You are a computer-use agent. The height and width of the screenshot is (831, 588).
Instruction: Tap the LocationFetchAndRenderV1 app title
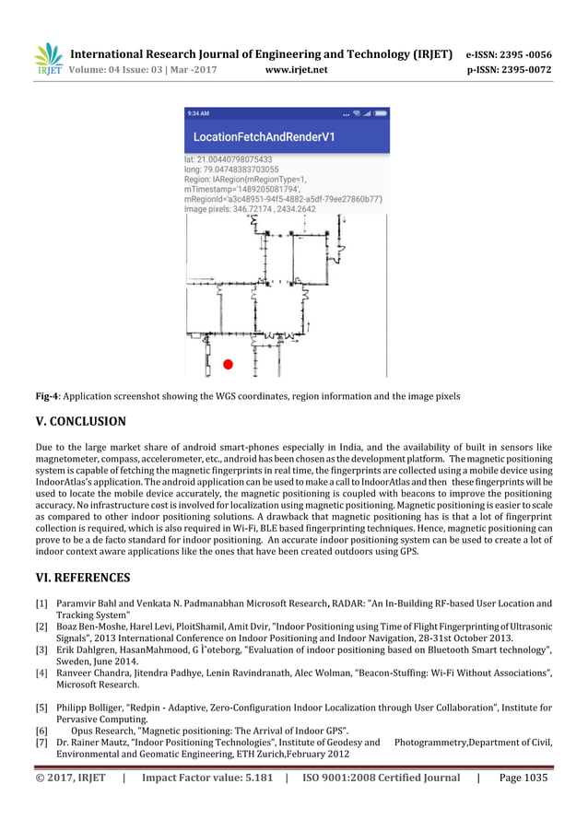[x=264, y=137]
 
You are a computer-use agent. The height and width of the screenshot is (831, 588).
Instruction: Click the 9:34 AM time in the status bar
[x=198, y=113]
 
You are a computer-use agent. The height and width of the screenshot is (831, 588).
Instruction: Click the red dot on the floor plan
[x=228, y=365]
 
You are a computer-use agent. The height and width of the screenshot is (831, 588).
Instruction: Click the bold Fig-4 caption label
[x=46, y=396]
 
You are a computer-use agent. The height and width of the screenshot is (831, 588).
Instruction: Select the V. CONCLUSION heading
[x=80, y=422]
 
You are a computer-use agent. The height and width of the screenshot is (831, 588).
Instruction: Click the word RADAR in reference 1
[x=338, y=604]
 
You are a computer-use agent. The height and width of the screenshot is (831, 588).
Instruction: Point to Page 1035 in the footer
[x=523, y=778]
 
